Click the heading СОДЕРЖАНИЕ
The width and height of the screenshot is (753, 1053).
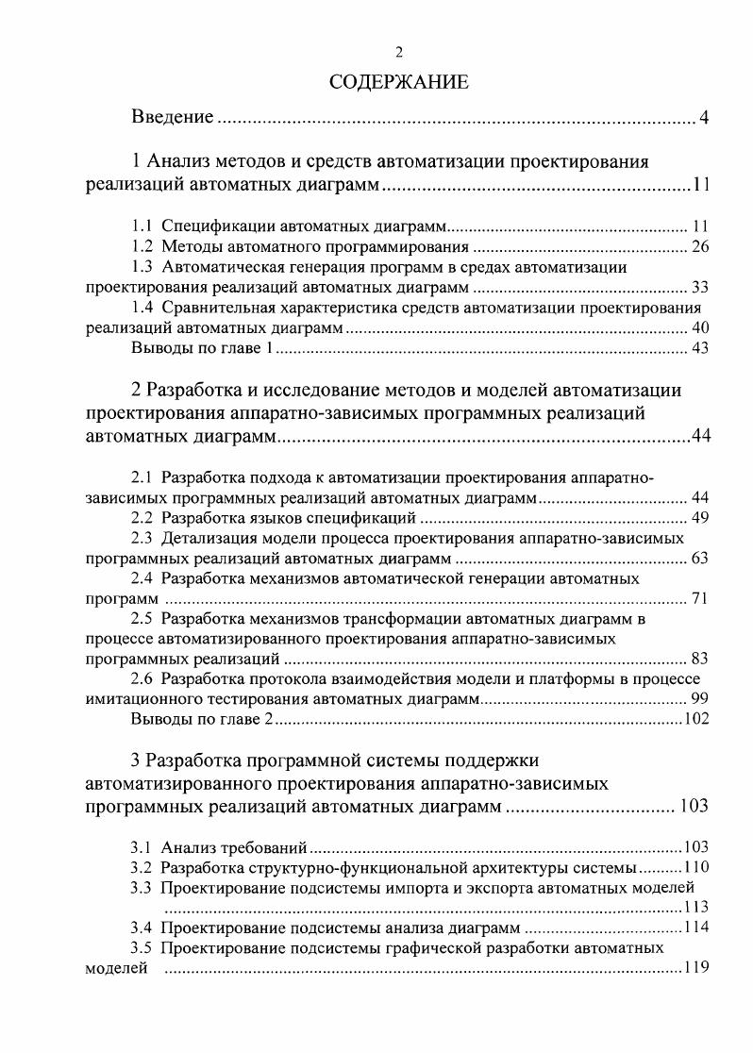[399, 82]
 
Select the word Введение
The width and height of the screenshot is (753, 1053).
[172, 118]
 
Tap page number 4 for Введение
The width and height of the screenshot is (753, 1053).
[703, 119]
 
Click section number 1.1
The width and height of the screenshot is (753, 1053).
[142, 227]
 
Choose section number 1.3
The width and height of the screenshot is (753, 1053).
[142, 267]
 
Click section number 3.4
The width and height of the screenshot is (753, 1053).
[142, 927]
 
